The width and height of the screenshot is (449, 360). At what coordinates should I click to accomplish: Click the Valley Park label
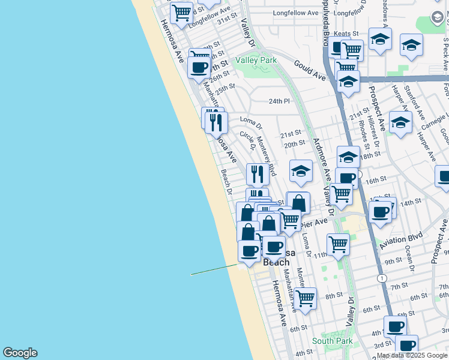256,60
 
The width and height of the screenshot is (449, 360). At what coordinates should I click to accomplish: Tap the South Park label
332,341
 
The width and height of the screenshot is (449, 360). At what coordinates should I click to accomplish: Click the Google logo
20,353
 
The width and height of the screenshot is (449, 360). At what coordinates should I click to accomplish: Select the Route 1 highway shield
382,278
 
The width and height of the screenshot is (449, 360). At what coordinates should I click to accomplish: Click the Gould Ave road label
309,70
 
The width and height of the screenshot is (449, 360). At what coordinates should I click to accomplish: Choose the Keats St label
346,34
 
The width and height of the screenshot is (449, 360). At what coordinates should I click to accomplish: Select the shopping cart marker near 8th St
306,296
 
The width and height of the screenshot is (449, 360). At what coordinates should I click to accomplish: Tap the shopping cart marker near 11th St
339,243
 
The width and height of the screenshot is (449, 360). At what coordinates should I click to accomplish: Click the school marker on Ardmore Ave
301,170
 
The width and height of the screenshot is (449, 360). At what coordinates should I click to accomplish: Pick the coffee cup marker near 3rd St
407,345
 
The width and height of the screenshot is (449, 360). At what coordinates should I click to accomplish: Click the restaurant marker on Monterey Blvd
258,173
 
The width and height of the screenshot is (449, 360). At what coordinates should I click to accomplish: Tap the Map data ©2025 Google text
411,355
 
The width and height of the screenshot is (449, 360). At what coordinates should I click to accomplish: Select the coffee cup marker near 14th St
381,211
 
